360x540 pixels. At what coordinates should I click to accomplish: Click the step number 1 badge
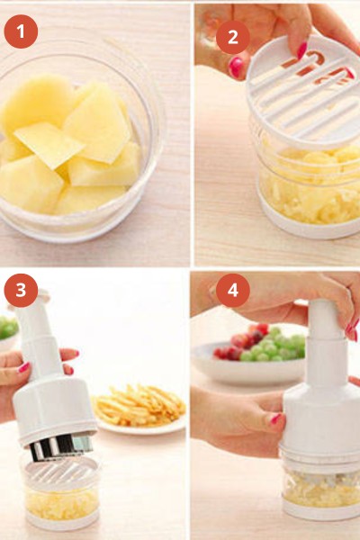(x=21, y=31)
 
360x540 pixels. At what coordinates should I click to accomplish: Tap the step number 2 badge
(x=233, y=37)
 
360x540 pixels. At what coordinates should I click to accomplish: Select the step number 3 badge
(x=21, y=290)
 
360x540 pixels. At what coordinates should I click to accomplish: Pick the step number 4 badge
(x=233, y=290)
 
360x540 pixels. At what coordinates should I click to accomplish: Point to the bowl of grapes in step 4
(x=248, y=355)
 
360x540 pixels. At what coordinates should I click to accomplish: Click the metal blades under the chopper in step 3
(x=61, y=446)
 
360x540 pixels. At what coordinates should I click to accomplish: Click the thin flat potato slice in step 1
(x=49, y=144)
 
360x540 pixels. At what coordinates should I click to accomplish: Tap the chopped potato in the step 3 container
(x=62, y=503)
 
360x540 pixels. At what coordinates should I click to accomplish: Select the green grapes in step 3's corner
(x=7, y=328)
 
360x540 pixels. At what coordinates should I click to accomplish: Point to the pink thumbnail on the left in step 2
(x=237, y=67)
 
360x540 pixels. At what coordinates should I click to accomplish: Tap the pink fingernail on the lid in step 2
(x=302, y=49)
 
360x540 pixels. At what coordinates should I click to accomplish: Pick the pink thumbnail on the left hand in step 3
(x=23, y=367)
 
